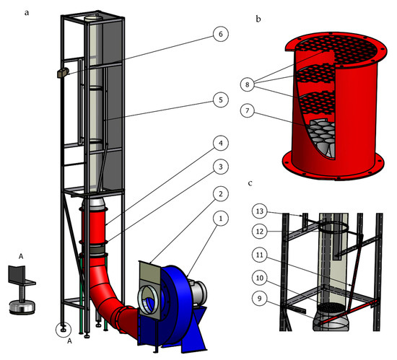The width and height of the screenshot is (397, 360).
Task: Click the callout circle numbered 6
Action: (221, 34)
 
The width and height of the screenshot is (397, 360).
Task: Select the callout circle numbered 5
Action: (221, 100)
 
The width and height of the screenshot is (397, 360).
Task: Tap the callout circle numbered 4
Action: (221, 143)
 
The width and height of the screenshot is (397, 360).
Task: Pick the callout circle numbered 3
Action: (221, 167)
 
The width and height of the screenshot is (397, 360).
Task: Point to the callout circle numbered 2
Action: (221, 194)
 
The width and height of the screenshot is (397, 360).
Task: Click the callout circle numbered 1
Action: (221, 218)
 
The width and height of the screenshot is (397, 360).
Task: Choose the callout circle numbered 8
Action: (247, 84)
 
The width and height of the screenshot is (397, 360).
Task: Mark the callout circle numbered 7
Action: (247, 110)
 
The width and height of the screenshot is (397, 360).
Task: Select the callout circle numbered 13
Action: (260, 211)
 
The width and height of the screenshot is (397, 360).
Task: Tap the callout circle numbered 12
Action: (260, 232)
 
